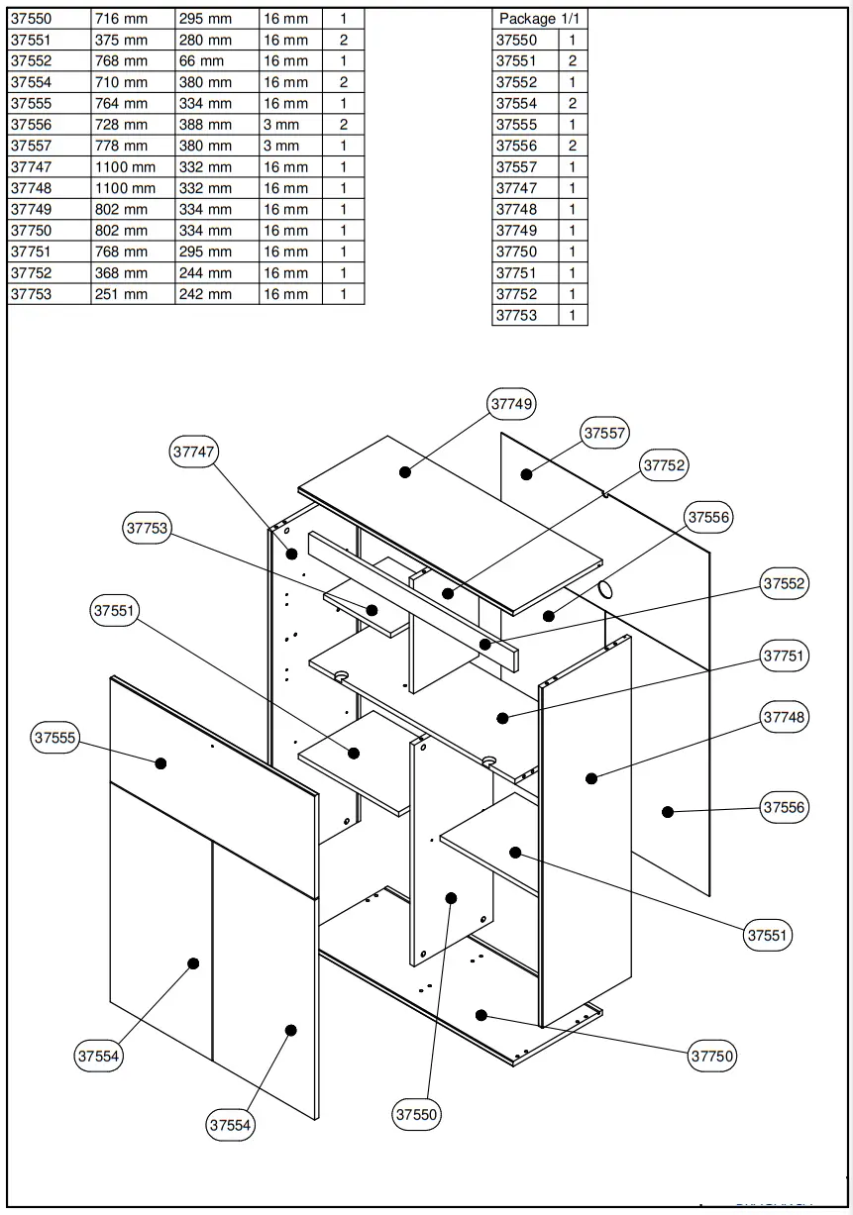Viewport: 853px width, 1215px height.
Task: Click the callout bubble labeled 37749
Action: [512, 404]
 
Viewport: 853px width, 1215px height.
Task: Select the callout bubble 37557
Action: [605, 433]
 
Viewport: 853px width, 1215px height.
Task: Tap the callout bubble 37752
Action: [664, 465]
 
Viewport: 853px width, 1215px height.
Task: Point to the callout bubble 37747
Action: [194, 452]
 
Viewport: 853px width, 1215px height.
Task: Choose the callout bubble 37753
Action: [148, 529]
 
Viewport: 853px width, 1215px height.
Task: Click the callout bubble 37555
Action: [55, 738]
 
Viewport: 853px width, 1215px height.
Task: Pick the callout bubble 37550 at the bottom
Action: [416, 1114]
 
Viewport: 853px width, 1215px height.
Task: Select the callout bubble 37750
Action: [712, 1056]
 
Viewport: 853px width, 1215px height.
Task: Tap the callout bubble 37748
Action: [784, 717]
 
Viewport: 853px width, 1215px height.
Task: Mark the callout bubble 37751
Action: [784, 656]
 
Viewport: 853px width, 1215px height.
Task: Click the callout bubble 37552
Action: [784, 584]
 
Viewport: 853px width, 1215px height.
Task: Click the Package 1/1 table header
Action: [539, 19]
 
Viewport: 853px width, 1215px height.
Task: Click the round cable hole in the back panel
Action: [605, 590]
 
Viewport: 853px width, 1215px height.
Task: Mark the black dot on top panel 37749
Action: [405, 472]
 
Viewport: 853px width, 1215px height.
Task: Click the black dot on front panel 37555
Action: [160, 762]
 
